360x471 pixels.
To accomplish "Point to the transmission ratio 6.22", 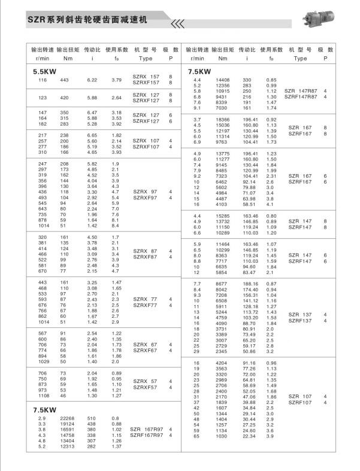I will (x=92, y=80).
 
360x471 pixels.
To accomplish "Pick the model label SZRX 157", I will (x=146, y=77).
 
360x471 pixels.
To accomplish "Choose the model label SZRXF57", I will (x=146, y=387).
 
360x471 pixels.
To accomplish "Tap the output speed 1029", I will (x=44, y=361).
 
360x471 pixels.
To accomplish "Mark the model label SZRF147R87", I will (x=301, y=96).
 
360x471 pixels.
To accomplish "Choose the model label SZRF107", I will (x=300, y=402).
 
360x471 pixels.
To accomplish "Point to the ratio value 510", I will (x=92, y=418).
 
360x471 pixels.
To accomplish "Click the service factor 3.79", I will (x=117, y=80).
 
